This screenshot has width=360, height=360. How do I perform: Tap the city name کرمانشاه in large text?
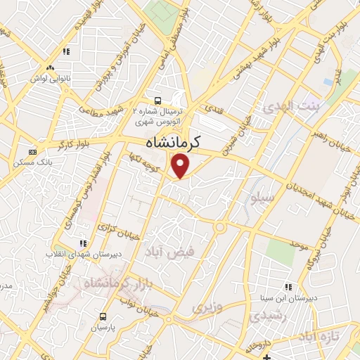173,142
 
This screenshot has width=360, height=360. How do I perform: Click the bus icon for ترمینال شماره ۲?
159,101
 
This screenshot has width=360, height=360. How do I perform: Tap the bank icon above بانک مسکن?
32,152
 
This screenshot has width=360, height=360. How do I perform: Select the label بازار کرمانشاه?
116,285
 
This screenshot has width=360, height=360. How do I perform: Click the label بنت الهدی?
290,108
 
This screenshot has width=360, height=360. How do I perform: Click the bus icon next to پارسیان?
103,316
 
